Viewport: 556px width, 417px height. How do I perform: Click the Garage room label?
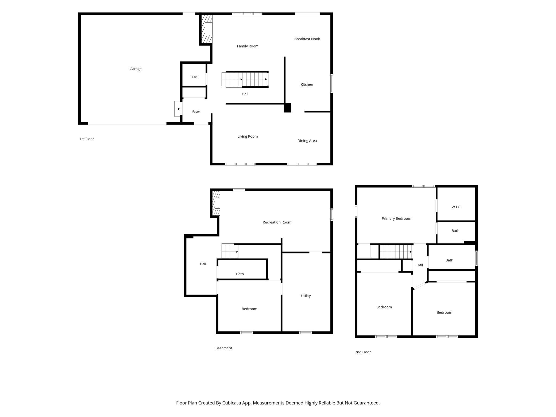(136, 69)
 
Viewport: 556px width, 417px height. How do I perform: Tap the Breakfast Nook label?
(307, 39)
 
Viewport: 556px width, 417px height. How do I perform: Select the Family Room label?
(248, 46)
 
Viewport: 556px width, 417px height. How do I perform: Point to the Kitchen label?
(307, 84)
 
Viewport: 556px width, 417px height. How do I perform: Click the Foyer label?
(196, 112)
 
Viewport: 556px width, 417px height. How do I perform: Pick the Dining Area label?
(307, 141)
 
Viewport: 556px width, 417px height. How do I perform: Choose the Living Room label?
(248, 136)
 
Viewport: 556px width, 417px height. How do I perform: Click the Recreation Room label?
(277, 222)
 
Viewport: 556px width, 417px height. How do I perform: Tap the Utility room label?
(306, 296)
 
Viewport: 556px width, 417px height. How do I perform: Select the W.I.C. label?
(456, 207)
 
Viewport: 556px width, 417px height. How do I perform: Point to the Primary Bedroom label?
(396, 219)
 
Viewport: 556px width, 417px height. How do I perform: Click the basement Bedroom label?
(249, 309)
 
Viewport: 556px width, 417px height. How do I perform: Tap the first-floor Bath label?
(195, 77)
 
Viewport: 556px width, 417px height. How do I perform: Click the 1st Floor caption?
(87, 139)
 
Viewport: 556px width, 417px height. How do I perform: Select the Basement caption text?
(224, 348)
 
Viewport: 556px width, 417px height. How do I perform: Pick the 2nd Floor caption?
(363, 352)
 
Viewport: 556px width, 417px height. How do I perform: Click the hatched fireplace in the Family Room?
(207, 29)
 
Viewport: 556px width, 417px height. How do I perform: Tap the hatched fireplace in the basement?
(216, 203)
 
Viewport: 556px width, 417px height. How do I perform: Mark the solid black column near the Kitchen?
(287, 107)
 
